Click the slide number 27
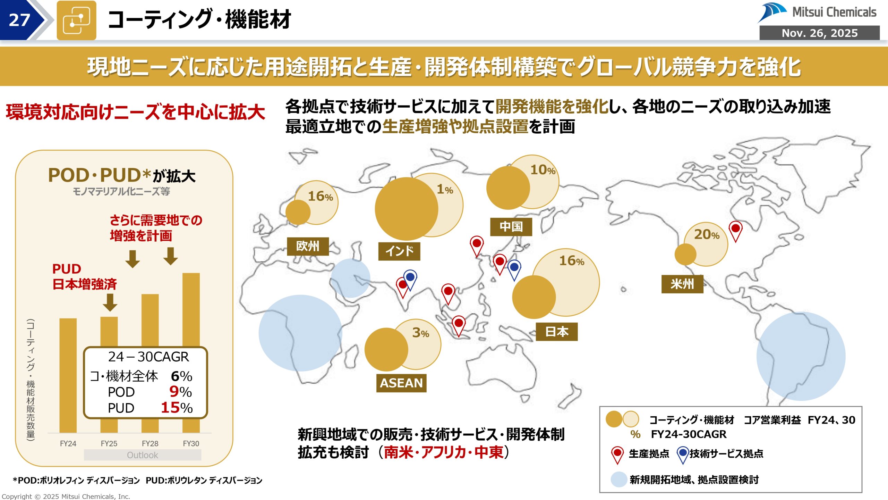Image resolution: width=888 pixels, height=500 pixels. (19, 20)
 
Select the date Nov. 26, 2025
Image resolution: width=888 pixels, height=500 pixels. (819, 33)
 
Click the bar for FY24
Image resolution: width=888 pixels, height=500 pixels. (68, 375)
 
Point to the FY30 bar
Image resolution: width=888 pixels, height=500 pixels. (191, 309)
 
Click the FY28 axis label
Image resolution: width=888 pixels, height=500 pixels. (150, 443)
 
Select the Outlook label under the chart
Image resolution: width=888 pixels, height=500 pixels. (142, 455)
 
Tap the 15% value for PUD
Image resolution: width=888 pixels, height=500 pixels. (177, 408)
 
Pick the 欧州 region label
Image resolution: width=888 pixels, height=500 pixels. (308, 246)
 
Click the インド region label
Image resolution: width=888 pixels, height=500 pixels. (399, 251)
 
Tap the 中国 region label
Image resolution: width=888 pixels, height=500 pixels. (511, 227)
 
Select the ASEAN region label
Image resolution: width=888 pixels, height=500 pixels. (401, 383)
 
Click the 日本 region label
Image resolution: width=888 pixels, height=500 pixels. (557, 332)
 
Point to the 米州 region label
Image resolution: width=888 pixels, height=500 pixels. (682, 284)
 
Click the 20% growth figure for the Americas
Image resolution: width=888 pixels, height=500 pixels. (707, 235)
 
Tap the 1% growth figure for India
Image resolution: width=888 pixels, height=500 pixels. (445, 190)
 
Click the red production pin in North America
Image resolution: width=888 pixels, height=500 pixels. (735, 230)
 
